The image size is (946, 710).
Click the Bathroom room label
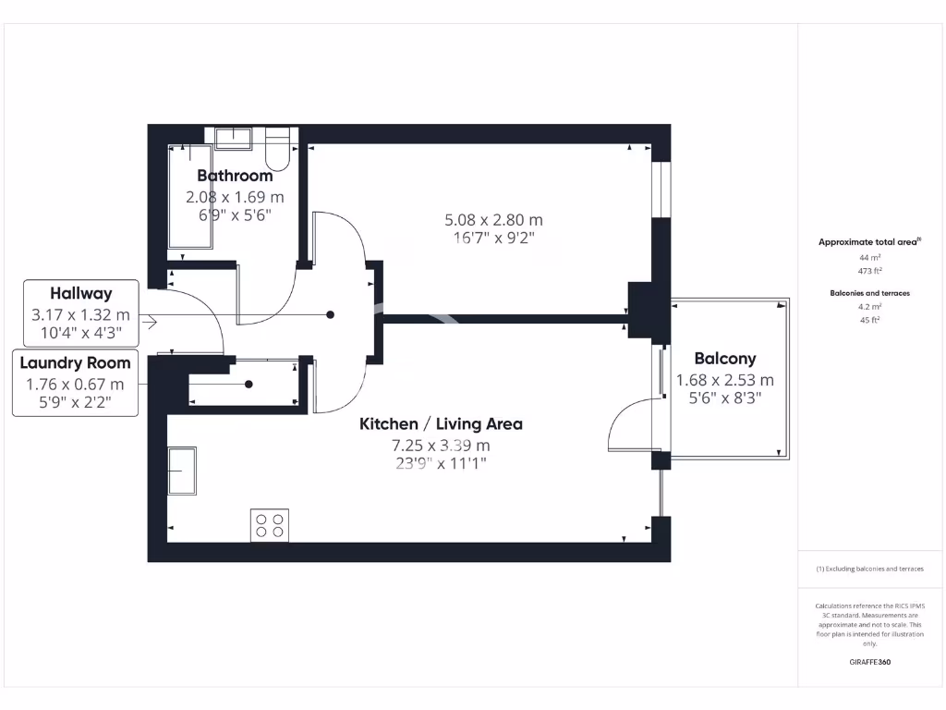coord(235,176)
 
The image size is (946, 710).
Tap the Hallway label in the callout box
coord(81,294)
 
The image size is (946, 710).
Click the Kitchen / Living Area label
coord(441,424)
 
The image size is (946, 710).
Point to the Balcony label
coord(725,359)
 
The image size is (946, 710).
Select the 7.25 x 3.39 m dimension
coord(441,446)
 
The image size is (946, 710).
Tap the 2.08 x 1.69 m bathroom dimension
coord(235,197)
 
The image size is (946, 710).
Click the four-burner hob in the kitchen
coord(269,525)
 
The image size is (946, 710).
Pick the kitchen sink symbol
coord(181,472)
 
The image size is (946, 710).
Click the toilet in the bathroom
coord(277,148)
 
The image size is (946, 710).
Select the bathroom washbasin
coord(234,138)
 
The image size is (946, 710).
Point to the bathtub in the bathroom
coord(189,196)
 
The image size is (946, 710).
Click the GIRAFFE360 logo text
coord(869,662)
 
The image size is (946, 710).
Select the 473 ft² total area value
coord(869,272)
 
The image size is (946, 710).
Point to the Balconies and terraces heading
coord(869,293)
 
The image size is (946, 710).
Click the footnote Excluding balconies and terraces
coord(869,569)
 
